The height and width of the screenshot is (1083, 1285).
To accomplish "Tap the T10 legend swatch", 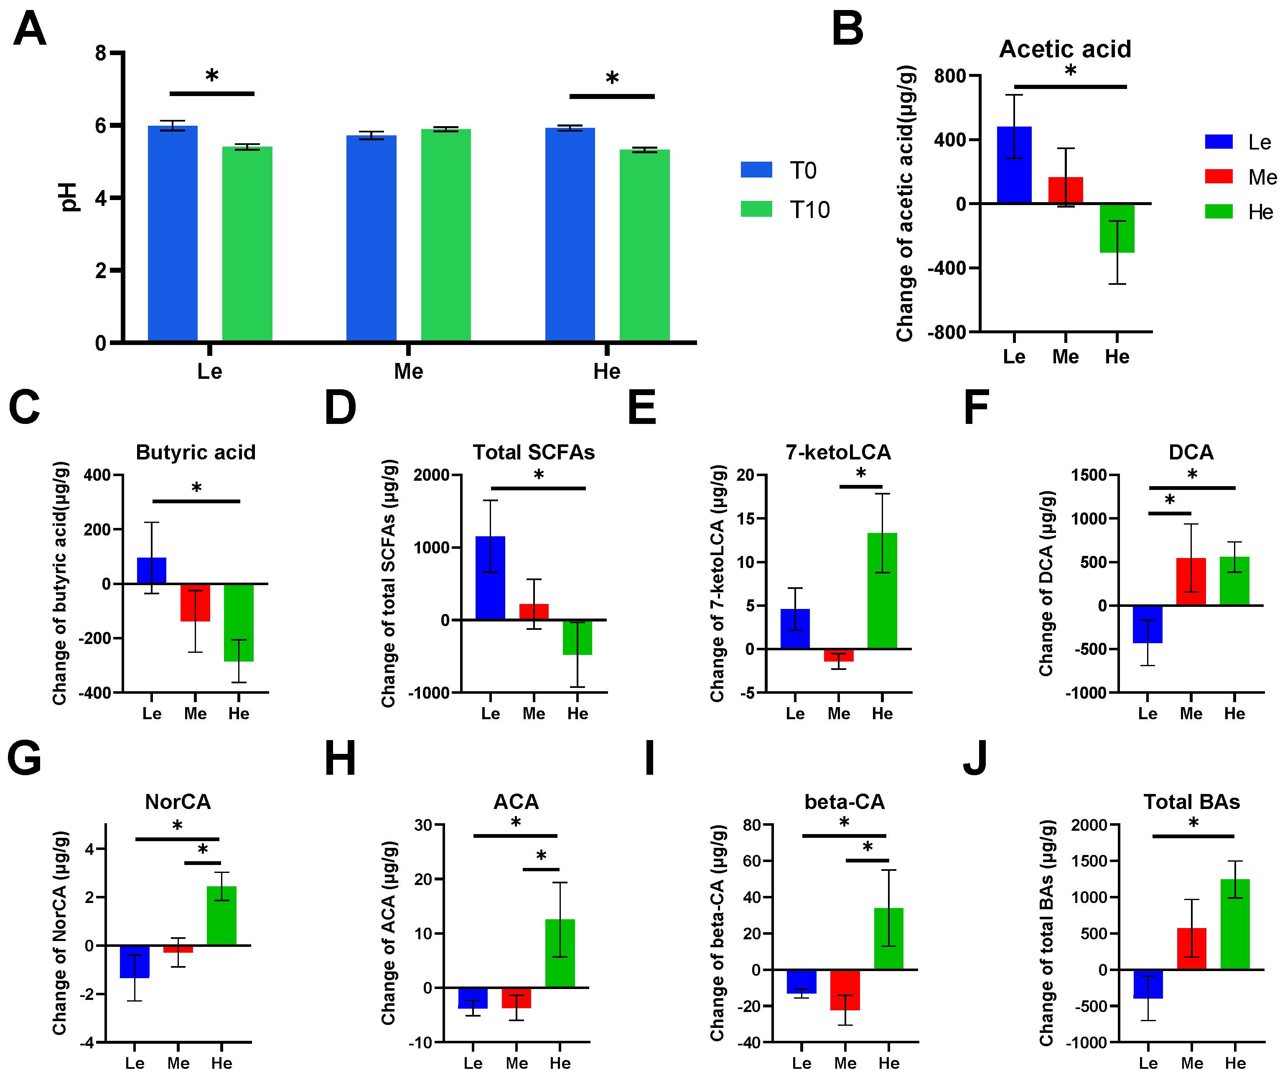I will [x=756, y=209].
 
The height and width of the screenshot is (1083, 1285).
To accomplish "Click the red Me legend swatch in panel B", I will [x=1218, y=177].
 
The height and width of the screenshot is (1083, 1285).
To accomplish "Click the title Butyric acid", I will [x=195, y=452].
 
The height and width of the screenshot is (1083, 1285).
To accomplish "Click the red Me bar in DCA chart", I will [x=1191, y=581].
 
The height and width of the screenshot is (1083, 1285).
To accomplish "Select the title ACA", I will [x=516, y=802].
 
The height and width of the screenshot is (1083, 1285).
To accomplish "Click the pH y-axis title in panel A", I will [x=69, y=197].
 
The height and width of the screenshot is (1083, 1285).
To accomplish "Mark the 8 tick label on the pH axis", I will [x=101, y=53].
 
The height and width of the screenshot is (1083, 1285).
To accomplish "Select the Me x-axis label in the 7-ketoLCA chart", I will [x=838, y=713].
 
